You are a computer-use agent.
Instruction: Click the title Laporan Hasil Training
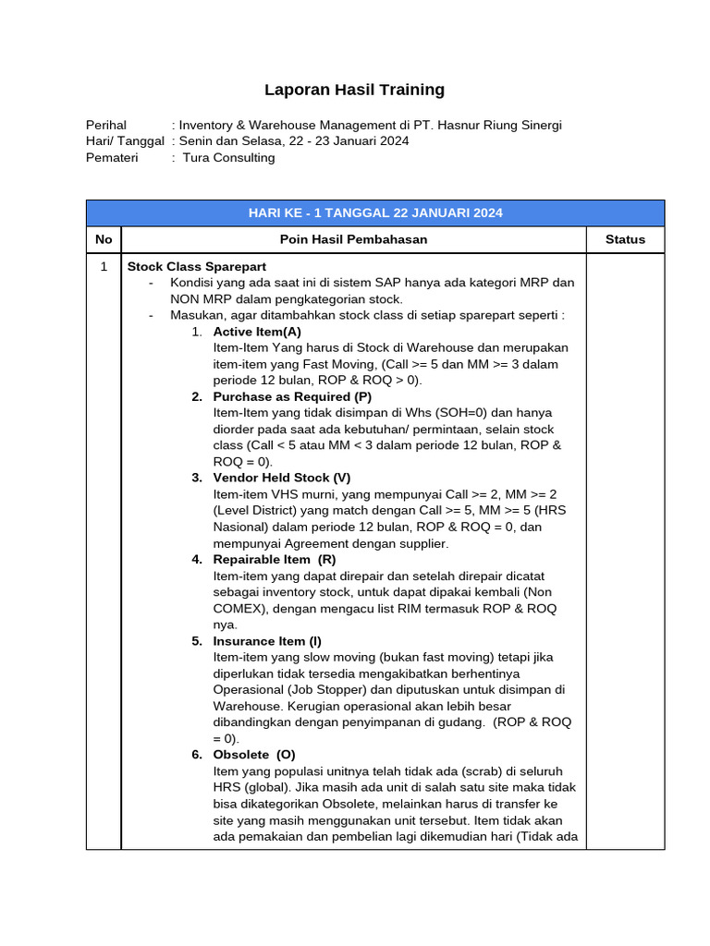(354, 90)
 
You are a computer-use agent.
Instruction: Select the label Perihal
(106, 125)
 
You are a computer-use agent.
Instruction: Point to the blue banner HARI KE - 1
(375, 212)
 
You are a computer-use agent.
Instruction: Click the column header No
(104, 239)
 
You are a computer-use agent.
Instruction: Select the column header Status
(625, 239)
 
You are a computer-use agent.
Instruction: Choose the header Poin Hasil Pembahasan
(353, 239)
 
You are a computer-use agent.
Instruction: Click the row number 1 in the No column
(104, 266)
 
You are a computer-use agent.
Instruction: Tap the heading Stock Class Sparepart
(196, 266)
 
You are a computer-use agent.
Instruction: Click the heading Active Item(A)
(257, 331)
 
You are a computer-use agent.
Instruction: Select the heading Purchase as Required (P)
(292, 396)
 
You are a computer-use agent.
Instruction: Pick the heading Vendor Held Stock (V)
(282, 478)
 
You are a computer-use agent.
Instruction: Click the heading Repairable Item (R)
(275, 559)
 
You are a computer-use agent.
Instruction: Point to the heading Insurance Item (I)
(267, 640)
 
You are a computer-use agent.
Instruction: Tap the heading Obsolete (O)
(254, 754)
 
